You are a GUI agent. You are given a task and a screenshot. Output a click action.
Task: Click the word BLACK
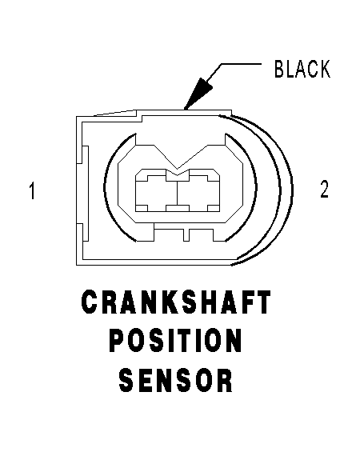(302, 69)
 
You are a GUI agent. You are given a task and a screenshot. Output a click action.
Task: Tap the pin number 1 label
(32, 190)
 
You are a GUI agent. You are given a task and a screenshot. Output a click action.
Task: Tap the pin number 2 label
(324, 189)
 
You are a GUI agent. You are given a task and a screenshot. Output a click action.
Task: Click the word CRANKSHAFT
(176, 302)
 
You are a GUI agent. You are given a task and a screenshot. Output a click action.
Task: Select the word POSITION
(175, 341)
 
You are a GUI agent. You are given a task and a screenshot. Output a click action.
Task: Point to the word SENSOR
(176, 380)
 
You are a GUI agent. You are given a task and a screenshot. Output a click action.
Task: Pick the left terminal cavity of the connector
(157, 193)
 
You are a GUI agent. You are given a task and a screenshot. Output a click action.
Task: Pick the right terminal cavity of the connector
(198, 193)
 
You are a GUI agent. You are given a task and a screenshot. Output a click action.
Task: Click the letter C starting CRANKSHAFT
(90, 302)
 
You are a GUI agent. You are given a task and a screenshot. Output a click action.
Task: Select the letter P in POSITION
(118, 341)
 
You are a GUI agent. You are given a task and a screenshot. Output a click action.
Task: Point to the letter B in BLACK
(279, 69)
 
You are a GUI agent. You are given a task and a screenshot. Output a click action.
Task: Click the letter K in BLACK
(325, 69)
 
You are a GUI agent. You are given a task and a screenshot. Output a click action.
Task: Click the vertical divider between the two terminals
(178, 193)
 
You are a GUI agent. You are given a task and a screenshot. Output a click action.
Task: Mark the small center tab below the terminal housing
(186, 235)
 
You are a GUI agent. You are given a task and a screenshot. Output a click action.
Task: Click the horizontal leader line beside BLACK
(242, 64)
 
